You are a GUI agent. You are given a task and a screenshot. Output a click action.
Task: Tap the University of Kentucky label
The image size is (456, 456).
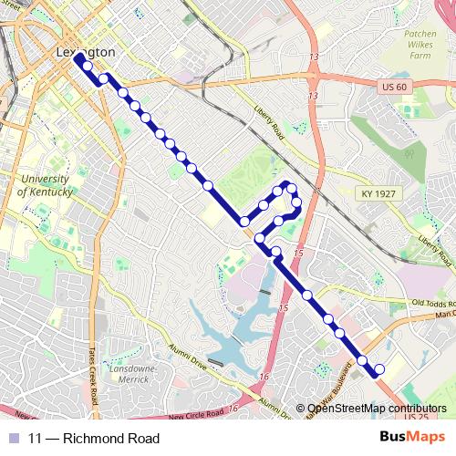click(x=47, y=186)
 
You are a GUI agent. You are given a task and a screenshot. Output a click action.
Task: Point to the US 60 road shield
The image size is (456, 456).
click(x=391, y=84)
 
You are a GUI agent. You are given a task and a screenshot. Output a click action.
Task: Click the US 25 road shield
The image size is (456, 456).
click(x=416, y=417)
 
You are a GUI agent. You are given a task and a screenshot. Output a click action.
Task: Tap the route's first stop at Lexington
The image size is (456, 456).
click(x=78, y=57)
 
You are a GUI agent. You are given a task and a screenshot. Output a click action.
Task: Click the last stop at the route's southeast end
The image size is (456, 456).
click(x=379, y=369)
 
